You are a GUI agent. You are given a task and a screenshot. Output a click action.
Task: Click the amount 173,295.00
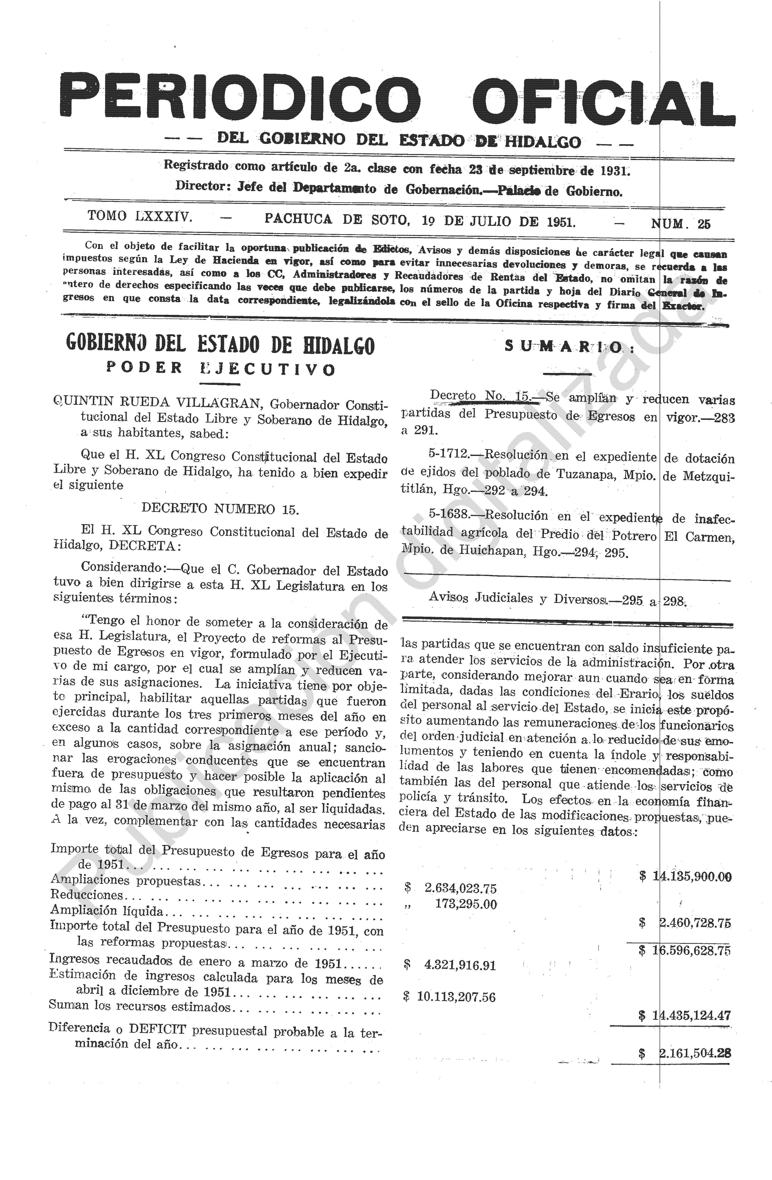pos(465,904)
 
